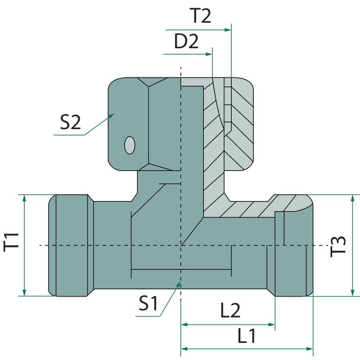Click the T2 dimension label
(x=201, y=16)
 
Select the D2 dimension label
(x=186, y=41)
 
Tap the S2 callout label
(x=70, y=122)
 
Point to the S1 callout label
(x=148, y=303)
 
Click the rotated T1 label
(x=11, y=242)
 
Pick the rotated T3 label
(x=337, y=247)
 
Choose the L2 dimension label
(x=230, y=310)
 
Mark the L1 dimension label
(x=246, y=336)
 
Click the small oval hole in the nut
(x=130, y=145)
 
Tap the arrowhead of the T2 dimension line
(x=228, y=30)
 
